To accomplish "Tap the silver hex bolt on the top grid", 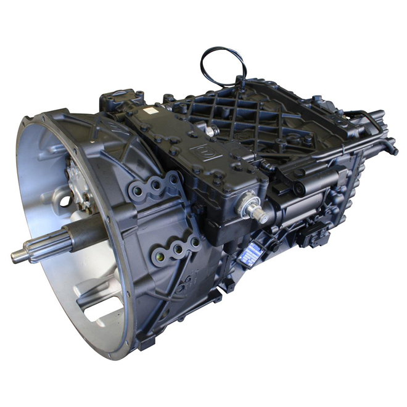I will (211, 131).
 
